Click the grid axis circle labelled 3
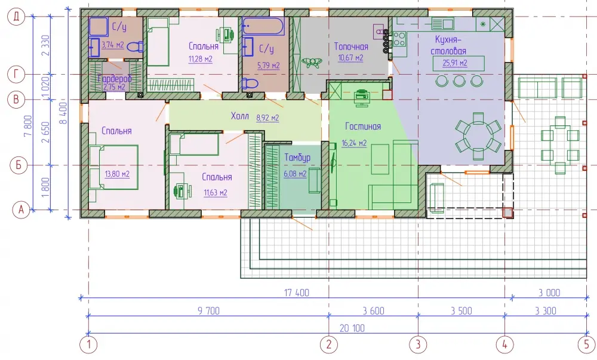click(418, 344)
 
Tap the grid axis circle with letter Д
click(16, 16)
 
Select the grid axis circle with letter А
click(21, 210)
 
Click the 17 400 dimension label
click(297, 293)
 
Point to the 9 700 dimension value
click(208, 311)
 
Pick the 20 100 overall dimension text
click(352, 328)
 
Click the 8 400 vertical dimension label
click(64, 113)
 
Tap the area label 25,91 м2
click(454, 63)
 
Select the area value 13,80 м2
click(117, 174)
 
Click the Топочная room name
click(351, 47)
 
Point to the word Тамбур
click(297, 158)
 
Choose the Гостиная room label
click(363, 127)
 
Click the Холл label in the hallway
click(239, 116)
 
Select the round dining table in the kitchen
click(478, 136)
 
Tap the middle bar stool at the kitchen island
click(458, 81)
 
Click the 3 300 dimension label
click(546, 311)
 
